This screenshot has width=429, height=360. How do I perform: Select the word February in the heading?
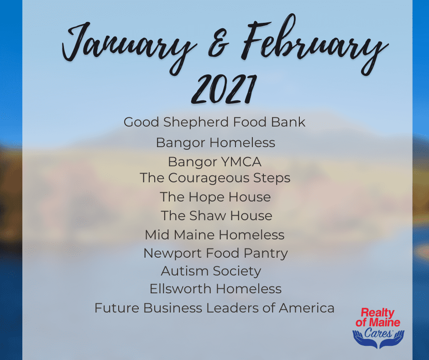click(x=314, y=44)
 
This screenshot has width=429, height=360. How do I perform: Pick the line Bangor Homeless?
click(x=215, y=143)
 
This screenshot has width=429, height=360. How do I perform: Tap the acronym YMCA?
click(x=241, y=162)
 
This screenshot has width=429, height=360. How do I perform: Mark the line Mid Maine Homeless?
click(x=215, y=235)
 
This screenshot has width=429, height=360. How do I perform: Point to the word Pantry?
click(x=266, y=254)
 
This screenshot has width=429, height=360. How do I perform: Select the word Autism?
click(x=185, y=271)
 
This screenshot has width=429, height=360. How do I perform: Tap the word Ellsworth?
click(x=180, y=289)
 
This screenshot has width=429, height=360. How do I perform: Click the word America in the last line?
click(x=306, y=308)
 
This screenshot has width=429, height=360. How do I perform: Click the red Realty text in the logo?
click(x=377, y=313)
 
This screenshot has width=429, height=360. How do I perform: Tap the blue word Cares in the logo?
click(x=378, y=333)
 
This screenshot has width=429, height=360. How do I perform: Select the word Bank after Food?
click(x=288, y=122)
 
